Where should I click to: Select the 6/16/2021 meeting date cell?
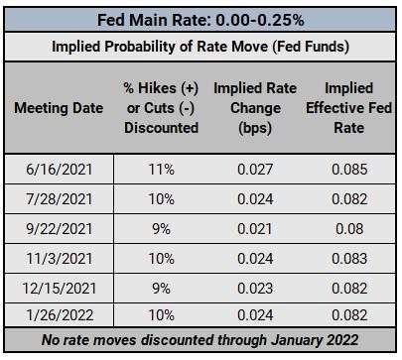(x=58, y=170)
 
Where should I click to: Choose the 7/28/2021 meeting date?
(x=58, y=199)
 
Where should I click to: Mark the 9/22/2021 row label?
(x=58, y=229)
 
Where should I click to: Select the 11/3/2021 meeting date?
(x=58, y=259)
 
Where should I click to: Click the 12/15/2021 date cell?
(x=58, y=289)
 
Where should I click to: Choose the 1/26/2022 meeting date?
(x=58, y=317)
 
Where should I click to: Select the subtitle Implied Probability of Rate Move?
(x=201, y=47)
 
